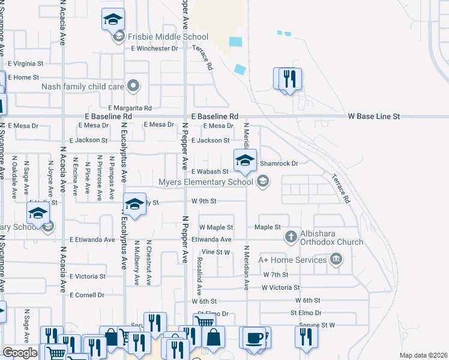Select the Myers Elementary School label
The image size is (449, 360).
click(x=206, y=182)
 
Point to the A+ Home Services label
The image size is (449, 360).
click(x=293, y=259)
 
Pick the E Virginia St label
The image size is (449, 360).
click(x=26, y=63)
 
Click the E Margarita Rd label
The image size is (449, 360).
click(x=130, y=108)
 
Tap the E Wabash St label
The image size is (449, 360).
click(x=210, y=171)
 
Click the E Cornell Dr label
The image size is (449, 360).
click(x=87, y=295)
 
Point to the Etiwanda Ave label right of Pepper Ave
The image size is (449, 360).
click(x=211, y=239)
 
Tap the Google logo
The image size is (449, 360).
click(x=19, y=353)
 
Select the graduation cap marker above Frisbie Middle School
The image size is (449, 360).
click(x=112, y=20)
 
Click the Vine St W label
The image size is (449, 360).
click(x=216, y=252)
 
